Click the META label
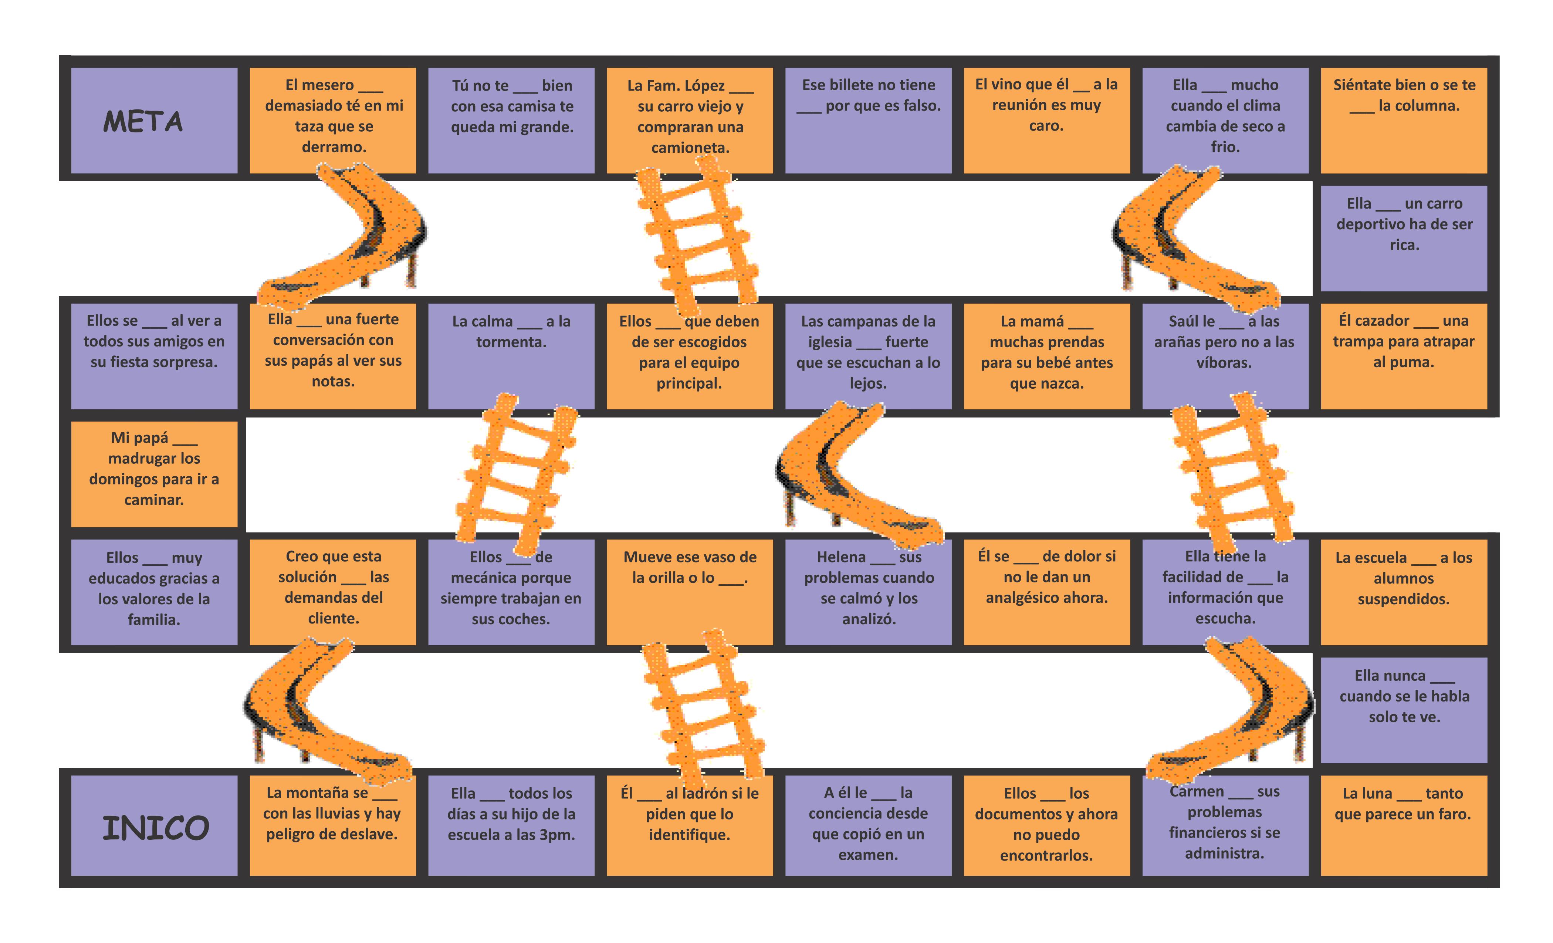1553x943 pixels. [143, 122]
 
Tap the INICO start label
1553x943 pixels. [155, 828]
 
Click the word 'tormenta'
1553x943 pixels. [511, 342]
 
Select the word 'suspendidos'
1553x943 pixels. [1403, 599]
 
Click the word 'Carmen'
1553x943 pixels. [1196, 792]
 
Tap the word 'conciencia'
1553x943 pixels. [868, 814]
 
